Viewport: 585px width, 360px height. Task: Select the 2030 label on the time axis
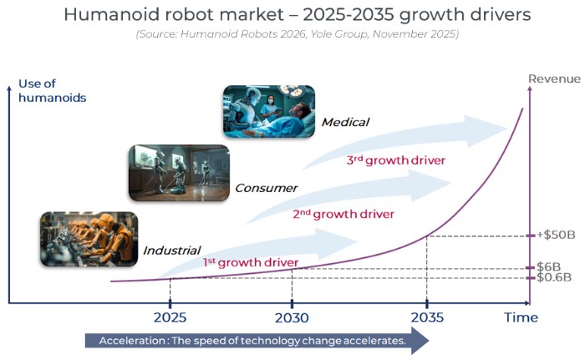click(291, 318)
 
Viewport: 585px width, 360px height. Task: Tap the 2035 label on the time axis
click(426, 318)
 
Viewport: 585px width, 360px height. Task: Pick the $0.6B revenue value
click(552, 277)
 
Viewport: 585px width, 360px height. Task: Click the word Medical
click(345, 123)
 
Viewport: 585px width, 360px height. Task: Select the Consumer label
click(266, 188)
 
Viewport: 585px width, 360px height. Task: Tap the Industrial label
click(171, 250)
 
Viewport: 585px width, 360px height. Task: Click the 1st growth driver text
click(251, 263)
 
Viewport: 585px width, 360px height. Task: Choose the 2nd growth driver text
click(343, 214)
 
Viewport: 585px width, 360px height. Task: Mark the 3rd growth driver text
click(395, 160)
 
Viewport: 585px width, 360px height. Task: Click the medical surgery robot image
click(268, 110)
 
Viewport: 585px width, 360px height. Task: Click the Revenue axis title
click(553, 79)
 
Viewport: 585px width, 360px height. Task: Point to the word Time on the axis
click(520, 318)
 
